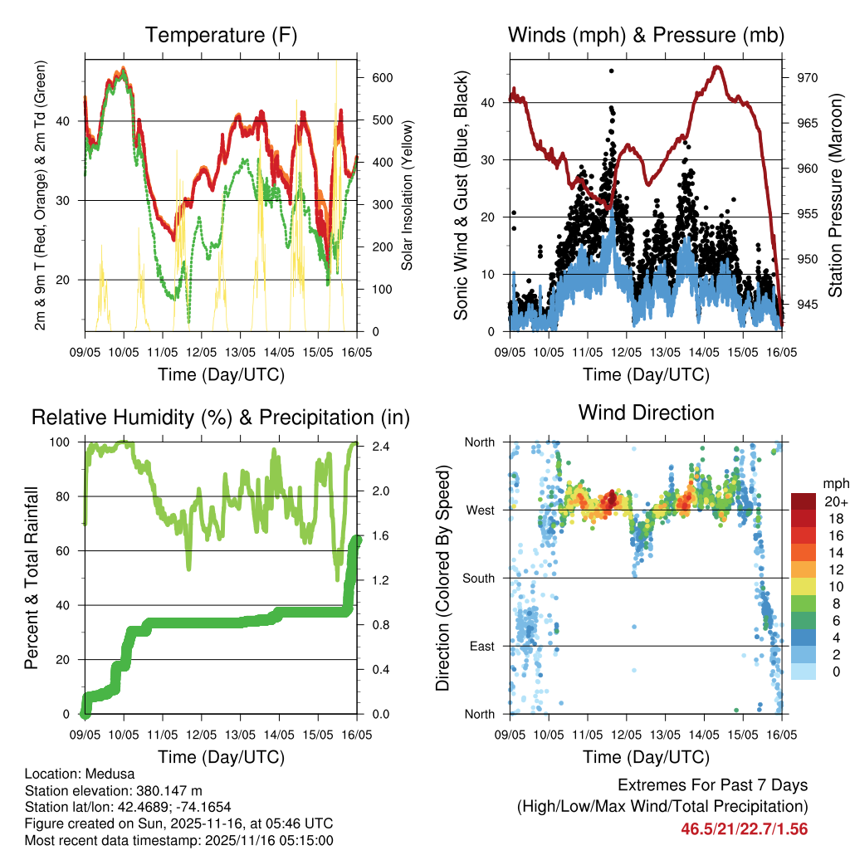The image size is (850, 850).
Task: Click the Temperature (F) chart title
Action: coord(221,35)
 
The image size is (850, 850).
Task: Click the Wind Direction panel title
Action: coord(646,412)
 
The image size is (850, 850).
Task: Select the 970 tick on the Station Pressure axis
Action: coord(807,78)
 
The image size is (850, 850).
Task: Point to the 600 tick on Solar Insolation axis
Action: coord(381,77)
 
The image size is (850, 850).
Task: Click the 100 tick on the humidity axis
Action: coord(62,442)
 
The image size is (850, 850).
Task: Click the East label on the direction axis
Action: coord(480,646)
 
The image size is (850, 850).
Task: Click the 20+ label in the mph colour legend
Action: coord(834,501)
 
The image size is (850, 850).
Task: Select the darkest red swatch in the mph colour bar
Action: coord(803,501)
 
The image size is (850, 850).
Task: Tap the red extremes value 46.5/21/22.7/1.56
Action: coord(744,828)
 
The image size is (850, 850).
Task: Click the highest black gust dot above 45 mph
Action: coord(611,71)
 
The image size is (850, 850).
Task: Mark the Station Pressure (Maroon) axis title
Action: coord(836,195)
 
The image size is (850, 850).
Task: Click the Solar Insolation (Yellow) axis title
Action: coord(407,196)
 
